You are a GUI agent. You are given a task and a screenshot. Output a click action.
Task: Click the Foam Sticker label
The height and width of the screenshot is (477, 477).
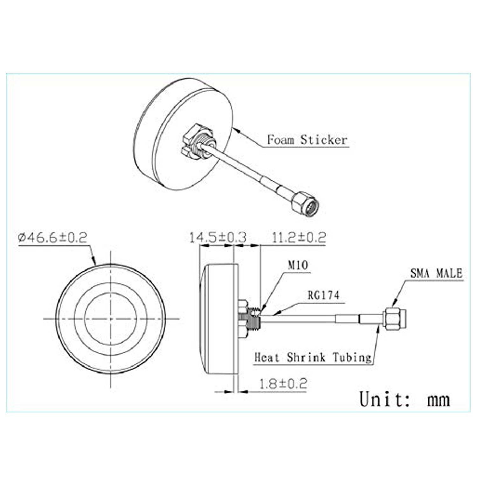[307, 140]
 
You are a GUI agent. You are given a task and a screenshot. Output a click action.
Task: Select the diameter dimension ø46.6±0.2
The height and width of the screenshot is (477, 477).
[52, 237]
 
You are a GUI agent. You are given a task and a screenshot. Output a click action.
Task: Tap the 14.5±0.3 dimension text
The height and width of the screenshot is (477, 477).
[218, 237]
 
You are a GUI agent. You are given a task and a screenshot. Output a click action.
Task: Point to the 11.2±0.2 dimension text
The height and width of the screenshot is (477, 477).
[299, 237]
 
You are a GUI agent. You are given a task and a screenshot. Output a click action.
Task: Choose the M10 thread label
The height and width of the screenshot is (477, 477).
[298, 265]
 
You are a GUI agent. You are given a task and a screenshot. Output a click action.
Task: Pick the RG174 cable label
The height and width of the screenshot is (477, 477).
[323, 295]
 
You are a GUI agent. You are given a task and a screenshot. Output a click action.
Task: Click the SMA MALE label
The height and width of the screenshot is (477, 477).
[436, 273]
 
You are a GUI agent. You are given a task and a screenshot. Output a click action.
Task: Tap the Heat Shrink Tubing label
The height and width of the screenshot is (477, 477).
[313, 357]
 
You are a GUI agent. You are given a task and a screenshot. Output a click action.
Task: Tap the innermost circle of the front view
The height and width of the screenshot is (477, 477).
[111, 318]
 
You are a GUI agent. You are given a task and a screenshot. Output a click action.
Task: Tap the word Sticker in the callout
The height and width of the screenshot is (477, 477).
[324, 140]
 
